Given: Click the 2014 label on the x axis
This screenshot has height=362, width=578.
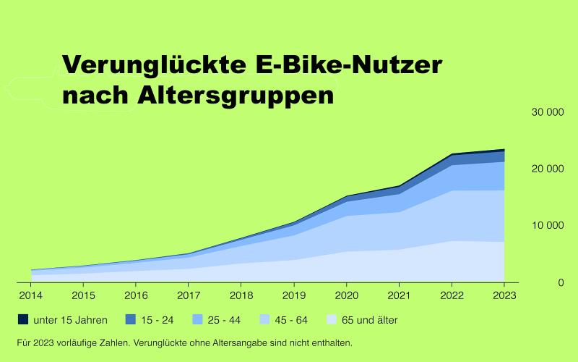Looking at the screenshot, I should pos(30,295).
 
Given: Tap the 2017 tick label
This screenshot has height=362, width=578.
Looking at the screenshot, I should pos(189,295).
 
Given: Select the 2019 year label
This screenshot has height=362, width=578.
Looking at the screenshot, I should pos(293,295).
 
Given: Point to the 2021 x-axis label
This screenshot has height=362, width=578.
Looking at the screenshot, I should pos(399,295).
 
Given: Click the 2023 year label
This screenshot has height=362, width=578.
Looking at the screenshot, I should pos(504,295).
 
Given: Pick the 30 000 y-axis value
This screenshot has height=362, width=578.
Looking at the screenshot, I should pos(546,112).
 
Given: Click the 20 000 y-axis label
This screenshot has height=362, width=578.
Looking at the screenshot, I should pos(546,169).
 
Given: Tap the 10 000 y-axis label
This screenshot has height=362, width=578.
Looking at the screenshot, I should pos(546,225).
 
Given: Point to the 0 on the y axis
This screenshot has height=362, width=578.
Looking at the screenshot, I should pos(561,282).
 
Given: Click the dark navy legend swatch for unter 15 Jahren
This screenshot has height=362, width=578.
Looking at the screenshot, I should pos(22,319).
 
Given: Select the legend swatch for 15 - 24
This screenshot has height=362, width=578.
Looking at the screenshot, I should pos(131,319).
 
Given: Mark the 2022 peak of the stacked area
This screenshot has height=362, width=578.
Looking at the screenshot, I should pos(452,155).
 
